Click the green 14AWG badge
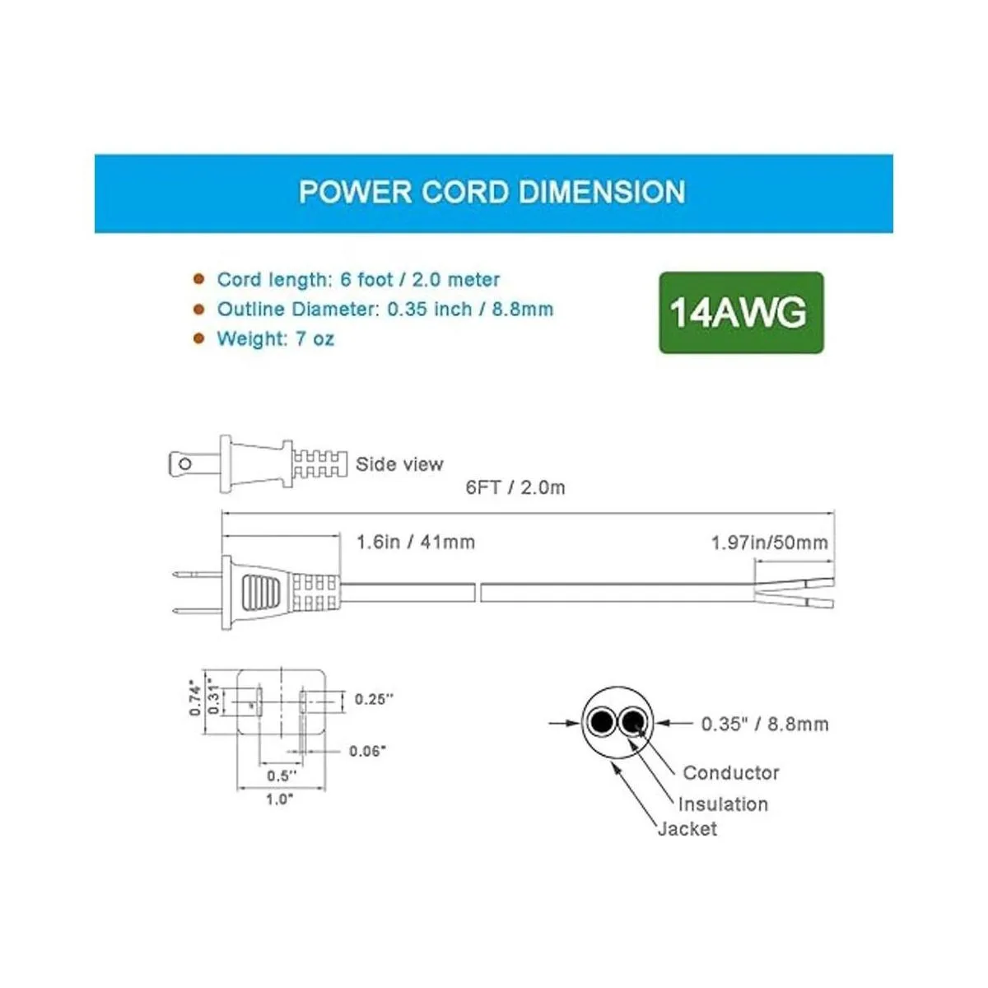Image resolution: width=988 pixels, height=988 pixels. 741,313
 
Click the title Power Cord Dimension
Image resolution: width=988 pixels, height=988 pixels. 492,192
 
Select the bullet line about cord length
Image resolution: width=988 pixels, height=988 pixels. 358,280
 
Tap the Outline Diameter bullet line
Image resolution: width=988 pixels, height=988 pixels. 384,310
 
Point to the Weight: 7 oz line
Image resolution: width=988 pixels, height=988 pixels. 275,339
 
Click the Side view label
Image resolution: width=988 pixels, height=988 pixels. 399,464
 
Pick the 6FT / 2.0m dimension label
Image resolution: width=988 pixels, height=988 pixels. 515,487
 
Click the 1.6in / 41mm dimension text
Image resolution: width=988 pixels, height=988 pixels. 416,542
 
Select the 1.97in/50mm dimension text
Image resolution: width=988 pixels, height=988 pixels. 769,543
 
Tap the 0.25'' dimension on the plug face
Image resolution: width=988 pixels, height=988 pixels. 375,699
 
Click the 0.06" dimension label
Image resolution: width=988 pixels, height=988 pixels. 368,751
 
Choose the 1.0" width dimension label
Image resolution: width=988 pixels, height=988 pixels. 279,799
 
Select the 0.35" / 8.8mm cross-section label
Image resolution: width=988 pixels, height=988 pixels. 765,725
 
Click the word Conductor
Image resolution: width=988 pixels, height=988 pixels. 731,773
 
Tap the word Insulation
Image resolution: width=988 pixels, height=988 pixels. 723,804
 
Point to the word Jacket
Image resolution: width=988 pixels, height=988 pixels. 687,829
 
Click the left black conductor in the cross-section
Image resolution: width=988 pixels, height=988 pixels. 602,723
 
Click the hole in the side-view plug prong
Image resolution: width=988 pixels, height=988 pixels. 185,465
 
